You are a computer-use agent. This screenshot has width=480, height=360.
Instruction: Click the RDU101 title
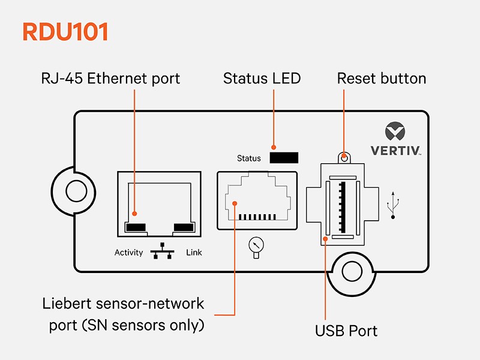pyautogui.click(x=65, y=32)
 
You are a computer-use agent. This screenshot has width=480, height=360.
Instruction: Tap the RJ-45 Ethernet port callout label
pyautogui.click(x=110, y=79)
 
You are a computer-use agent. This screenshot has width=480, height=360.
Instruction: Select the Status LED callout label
pyautogui.click(x=262, y=79)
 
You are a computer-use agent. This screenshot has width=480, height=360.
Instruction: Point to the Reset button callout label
pyautogui.click(x=382, y=79)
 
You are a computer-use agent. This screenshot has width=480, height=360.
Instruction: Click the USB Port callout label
pyautogui.click(x=346, y=330)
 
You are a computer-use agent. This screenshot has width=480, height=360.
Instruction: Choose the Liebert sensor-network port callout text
pyautogui.click(x=122, y=314)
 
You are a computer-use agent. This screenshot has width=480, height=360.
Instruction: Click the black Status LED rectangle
pyautogui.click(x=284, y=158)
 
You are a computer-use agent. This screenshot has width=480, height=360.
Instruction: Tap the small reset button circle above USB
pyautogui.click(x=343, y=158)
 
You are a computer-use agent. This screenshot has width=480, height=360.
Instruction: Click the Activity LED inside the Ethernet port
pyautogui.click(x=136, y=227)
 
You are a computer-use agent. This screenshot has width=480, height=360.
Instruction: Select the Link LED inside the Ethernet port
pyautogui.click(x=183, y=227)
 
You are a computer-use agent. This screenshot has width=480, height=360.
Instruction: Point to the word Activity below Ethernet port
pyautogui.click(x=129, y=253)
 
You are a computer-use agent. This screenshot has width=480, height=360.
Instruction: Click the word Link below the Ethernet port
pyautogui.click(x=194, y=253)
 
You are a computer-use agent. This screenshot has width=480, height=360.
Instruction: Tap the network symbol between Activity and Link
pyautogui.click(x=163, y=251)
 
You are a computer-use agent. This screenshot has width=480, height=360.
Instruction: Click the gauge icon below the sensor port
pyautogui.click(x=256, y=246)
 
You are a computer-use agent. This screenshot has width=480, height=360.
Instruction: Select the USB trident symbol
pyautogui.click(x=393, y=205)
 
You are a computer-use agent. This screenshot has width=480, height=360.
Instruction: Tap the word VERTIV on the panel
pyautogui.click(x=394, y=150)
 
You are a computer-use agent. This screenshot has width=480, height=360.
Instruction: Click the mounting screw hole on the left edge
pyautogui.click(x=76, y=191)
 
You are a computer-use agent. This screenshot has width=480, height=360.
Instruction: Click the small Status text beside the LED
pyautogui.click(x=249, y=158)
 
